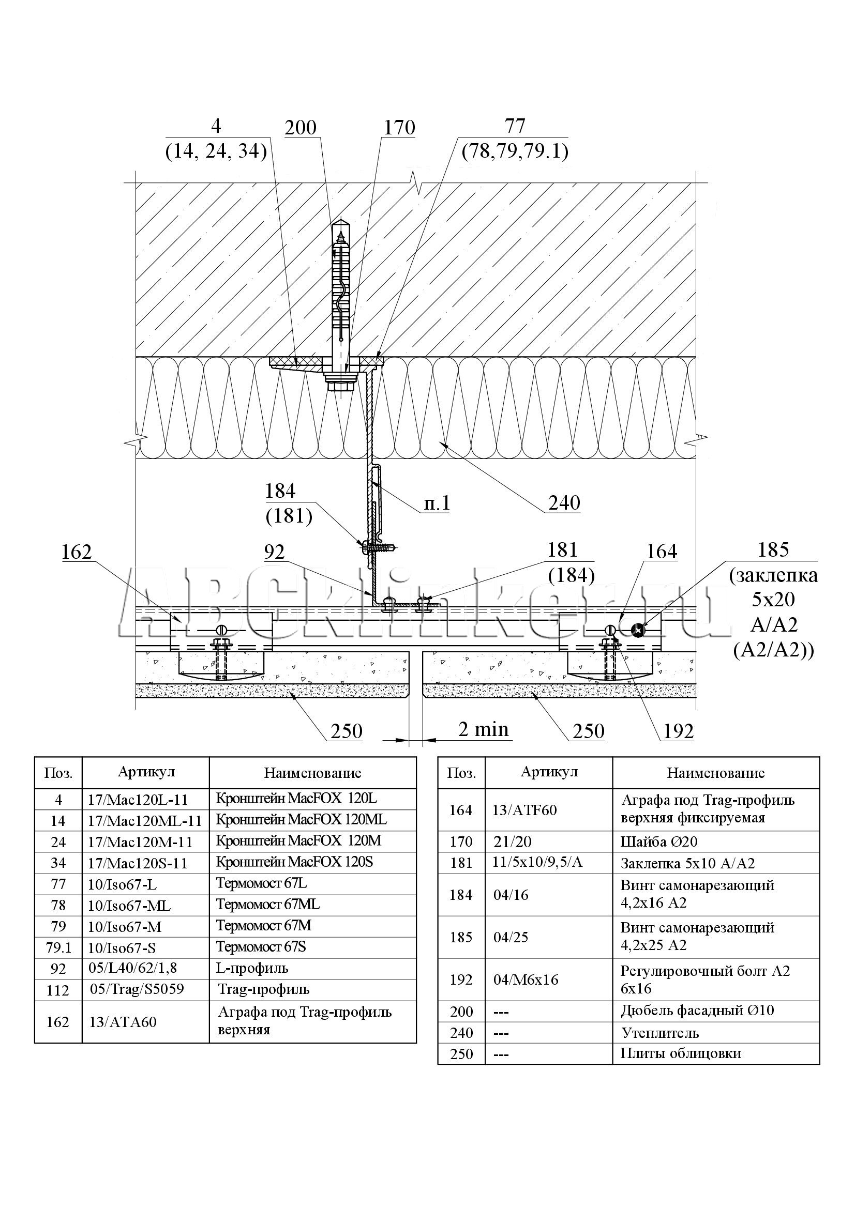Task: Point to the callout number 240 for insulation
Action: click(x=564, y=503)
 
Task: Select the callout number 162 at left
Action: click(x=77, y=552)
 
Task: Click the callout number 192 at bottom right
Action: click(x=679, y=731)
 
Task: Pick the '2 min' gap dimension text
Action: click(x=484, y=729)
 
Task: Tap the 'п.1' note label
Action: click(x=437, y=503)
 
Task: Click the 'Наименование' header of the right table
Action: click(x=715, y=773)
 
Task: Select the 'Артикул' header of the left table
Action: click(x=146, y=772)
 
